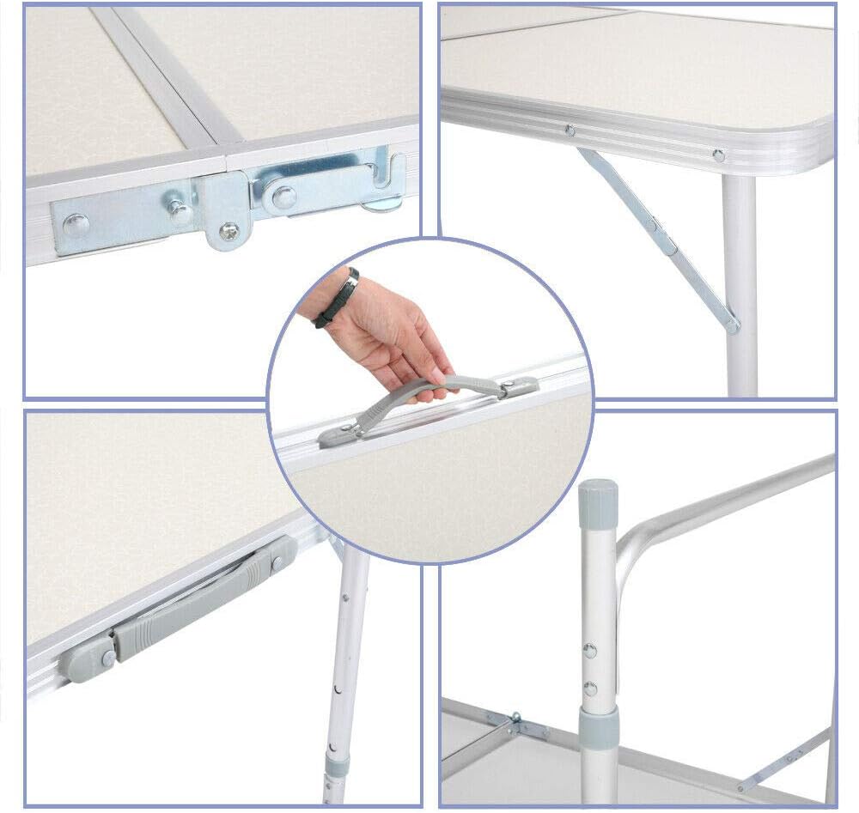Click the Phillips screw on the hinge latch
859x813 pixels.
click(x=228, y=230)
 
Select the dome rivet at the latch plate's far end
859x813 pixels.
click(x=76, y=225)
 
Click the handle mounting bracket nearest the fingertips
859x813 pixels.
click(x=519, y=387)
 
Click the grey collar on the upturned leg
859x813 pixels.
click(x=599, y=727)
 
